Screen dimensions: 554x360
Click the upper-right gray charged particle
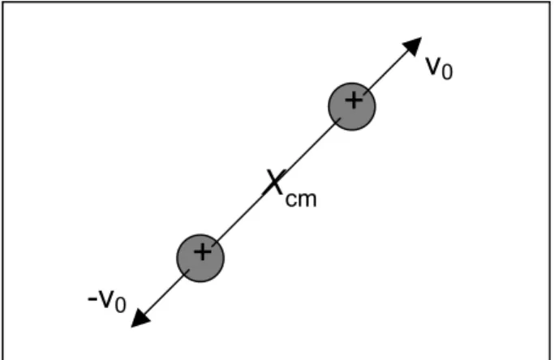pyautogui.click(x=352, y=107)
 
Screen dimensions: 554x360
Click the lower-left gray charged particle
pyautogui.click(x=200, y=258)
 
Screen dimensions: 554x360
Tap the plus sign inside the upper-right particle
pyautogui.click(x=354, y=101)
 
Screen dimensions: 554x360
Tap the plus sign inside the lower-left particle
pyautogui.click(x=203, y=252)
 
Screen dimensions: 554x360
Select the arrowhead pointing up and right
pyautogui.click(x=414, y=45)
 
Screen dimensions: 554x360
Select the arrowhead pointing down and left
pyautogui.click(x=140, y=319)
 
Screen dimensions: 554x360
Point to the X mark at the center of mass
pyautogui.click(x=274, y=182)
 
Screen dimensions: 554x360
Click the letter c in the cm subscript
pyautogui.click(x=292, y=200)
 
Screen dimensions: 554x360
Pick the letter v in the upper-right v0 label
pyautogui.click(x=433, y=66)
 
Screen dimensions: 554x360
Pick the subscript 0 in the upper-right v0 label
pyautogui.click(x=447, y=71)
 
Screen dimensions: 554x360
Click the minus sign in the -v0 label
pyautogui.click(x=92, y=299)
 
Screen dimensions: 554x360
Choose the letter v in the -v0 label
pyautogui.click(x=107, y=299)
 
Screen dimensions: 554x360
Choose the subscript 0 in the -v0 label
pyautogui.click(x=121, y=305)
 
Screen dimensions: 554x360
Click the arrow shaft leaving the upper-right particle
pyautogui.click(x=385, y=73)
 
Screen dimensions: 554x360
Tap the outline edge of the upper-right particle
pyautogui.click(x=376, y=107)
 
